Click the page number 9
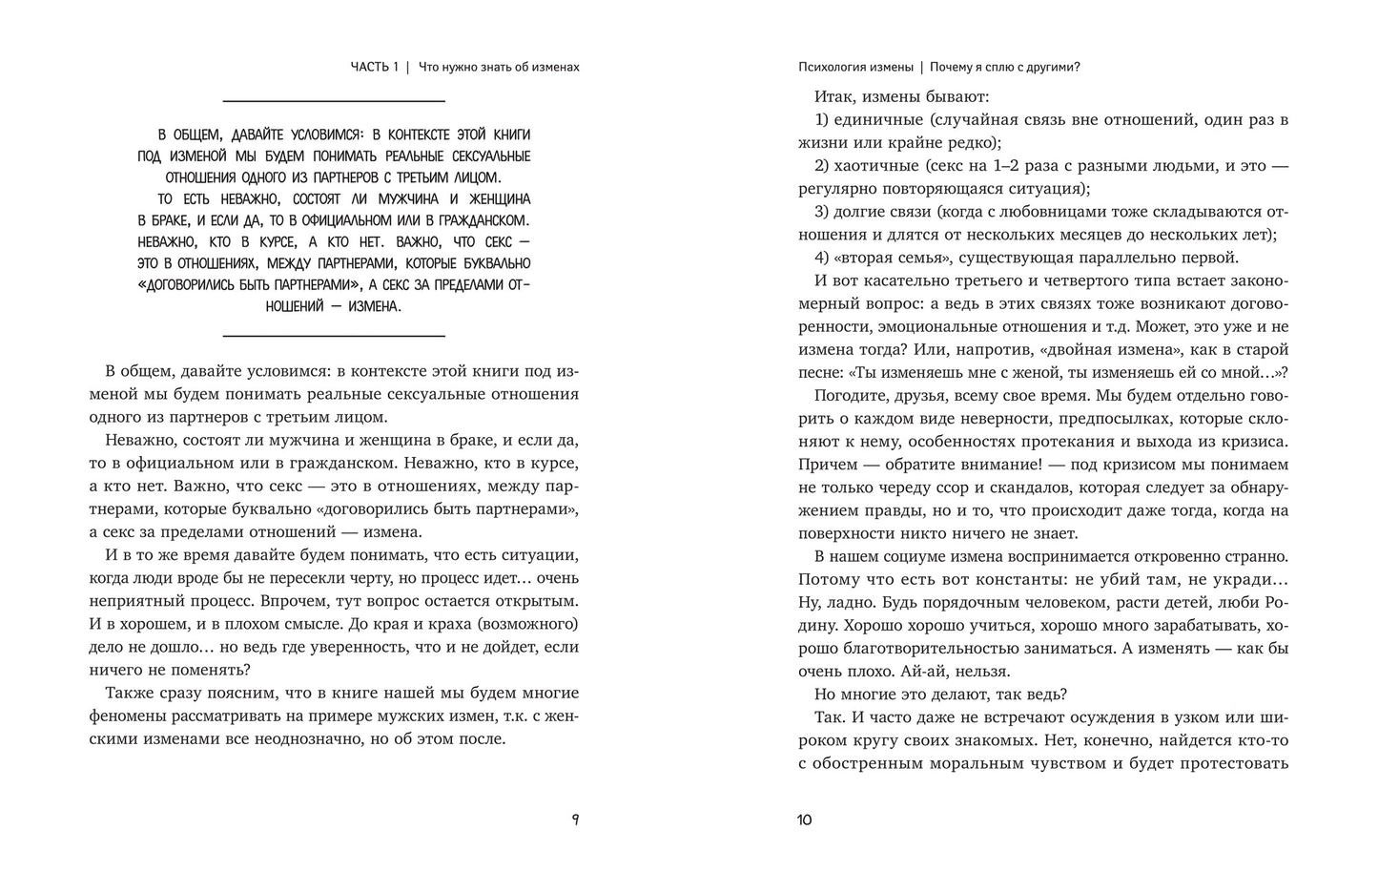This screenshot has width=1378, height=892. [574, 819]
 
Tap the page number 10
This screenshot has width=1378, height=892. [803, 819]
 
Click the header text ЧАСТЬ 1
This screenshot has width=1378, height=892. [375, 67]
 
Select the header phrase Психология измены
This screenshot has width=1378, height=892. [854, 67]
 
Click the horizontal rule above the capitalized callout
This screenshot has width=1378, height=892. [334, 100]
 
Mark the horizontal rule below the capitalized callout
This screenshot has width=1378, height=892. [334, 335]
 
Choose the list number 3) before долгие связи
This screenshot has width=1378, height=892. [823, 211]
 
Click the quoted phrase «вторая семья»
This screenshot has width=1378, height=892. [891, 257]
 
